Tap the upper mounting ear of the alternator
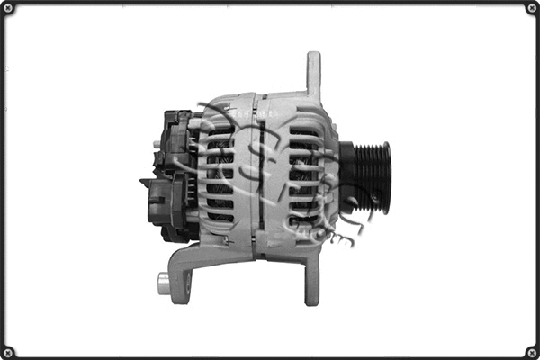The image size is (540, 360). point(313,74)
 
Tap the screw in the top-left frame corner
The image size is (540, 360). point(9,9)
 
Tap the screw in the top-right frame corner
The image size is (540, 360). point(531,9)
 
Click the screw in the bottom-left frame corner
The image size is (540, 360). point(9,351)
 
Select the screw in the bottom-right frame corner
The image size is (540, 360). point(531,351)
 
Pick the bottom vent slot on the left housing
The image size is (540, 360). point(220,218)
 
